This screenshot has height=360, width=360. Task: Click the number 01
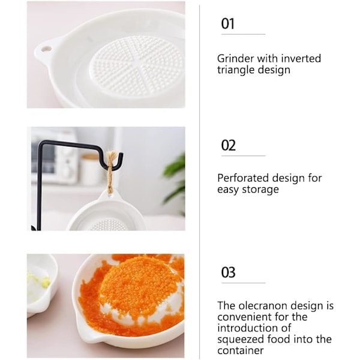tap(227, 23)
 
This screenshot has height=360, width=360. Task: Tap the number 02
tap(228, 145)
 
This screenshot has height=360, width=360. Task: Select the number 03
tap(228, 272)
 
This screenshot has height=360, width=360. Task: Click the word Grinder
tap(236, 59)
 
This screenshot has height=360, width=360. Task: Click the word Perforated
tap(243, 178)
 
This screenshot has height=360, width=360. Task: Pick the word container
tap(241, 350)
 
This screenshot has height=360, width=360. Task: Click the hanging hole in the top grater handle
tap(46, 49)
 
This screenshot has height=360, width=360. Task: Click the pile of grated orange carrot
tap(138, 289)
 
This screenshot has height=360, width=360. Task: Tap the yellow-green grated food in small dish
tap(40, 281)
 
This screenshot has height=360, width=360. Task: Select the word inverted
tap(301, 59)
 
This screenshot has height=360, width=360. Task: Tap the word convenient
tap(244, 317)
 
